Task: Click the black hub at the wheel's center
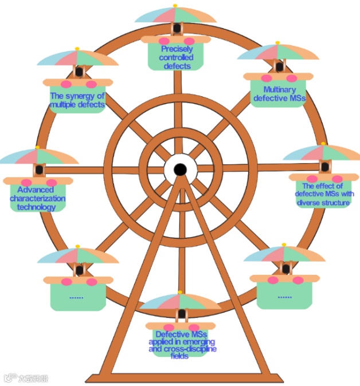(x=179, y=169)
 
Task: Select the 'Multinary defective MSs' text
(x=280, y=94)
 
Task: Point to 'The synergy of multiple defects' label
(x=77, y=100)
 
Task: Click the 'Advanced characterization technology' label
(x=38, y=198)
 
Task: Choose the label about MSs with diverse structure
(x=324, y=194)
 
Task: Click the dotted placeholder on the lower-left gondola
(x=76, y=297)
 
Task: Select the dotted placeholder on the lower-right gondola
(x=284, y=297)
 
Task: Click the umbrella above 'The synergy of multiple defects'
(x=77, y=57)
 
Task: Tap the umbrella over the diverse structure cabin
(x=324, y=152)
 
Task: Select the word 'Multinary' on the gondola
(x=279, y=90)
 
